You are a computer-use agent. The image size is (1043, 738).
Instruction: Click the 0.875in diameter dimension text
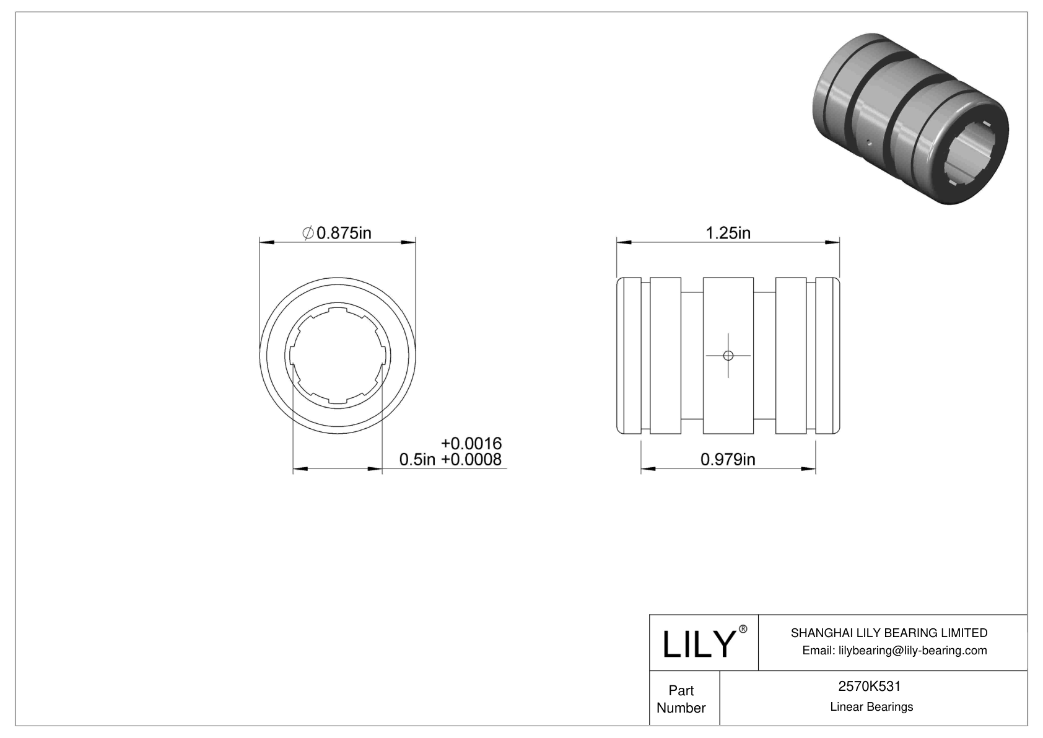(344, 233)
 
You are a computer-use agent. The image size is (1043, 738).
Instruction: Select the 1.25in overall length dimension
(728, 233)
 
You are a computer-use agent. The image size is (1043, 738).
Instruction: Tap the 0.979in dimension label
(728, 459)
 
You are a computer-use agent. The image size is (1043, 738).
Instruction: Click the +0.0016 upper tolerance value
(471, 444)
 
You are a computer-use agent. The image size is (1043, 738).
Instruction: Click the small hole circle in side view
(728, 356)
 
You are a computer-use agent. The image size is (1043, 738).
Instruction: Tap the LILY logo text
(698, 644)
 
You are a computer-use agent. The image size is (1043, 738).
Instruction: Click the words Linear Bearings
(871, 707)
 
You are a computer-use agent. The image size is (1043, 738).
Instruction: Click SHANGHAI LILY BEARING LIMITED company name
(889, 633)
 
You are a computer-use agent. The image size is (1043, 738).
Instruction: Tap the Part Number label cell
(681, 699)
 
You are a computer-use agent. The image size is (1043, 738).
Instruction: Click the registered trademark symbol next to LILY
(743, 629)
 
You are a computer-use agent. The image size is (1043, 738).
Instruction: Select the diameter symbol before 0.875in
(308, 233)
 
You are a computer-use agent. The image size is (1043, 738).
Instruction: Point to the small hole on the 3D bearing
(870, 142)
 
